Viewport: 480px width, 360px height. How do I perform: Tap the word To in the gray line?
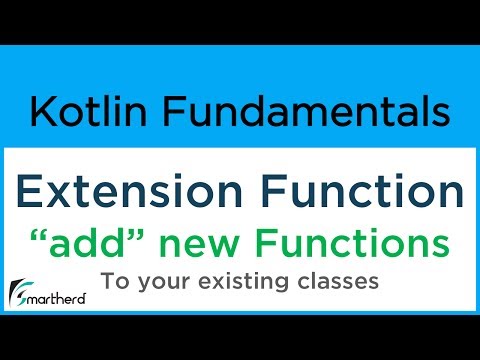pyautogui.click(x=113, y=281)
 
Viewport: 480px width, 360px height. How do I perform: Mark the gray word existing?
pyautogui.click(x=239, y=282)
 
